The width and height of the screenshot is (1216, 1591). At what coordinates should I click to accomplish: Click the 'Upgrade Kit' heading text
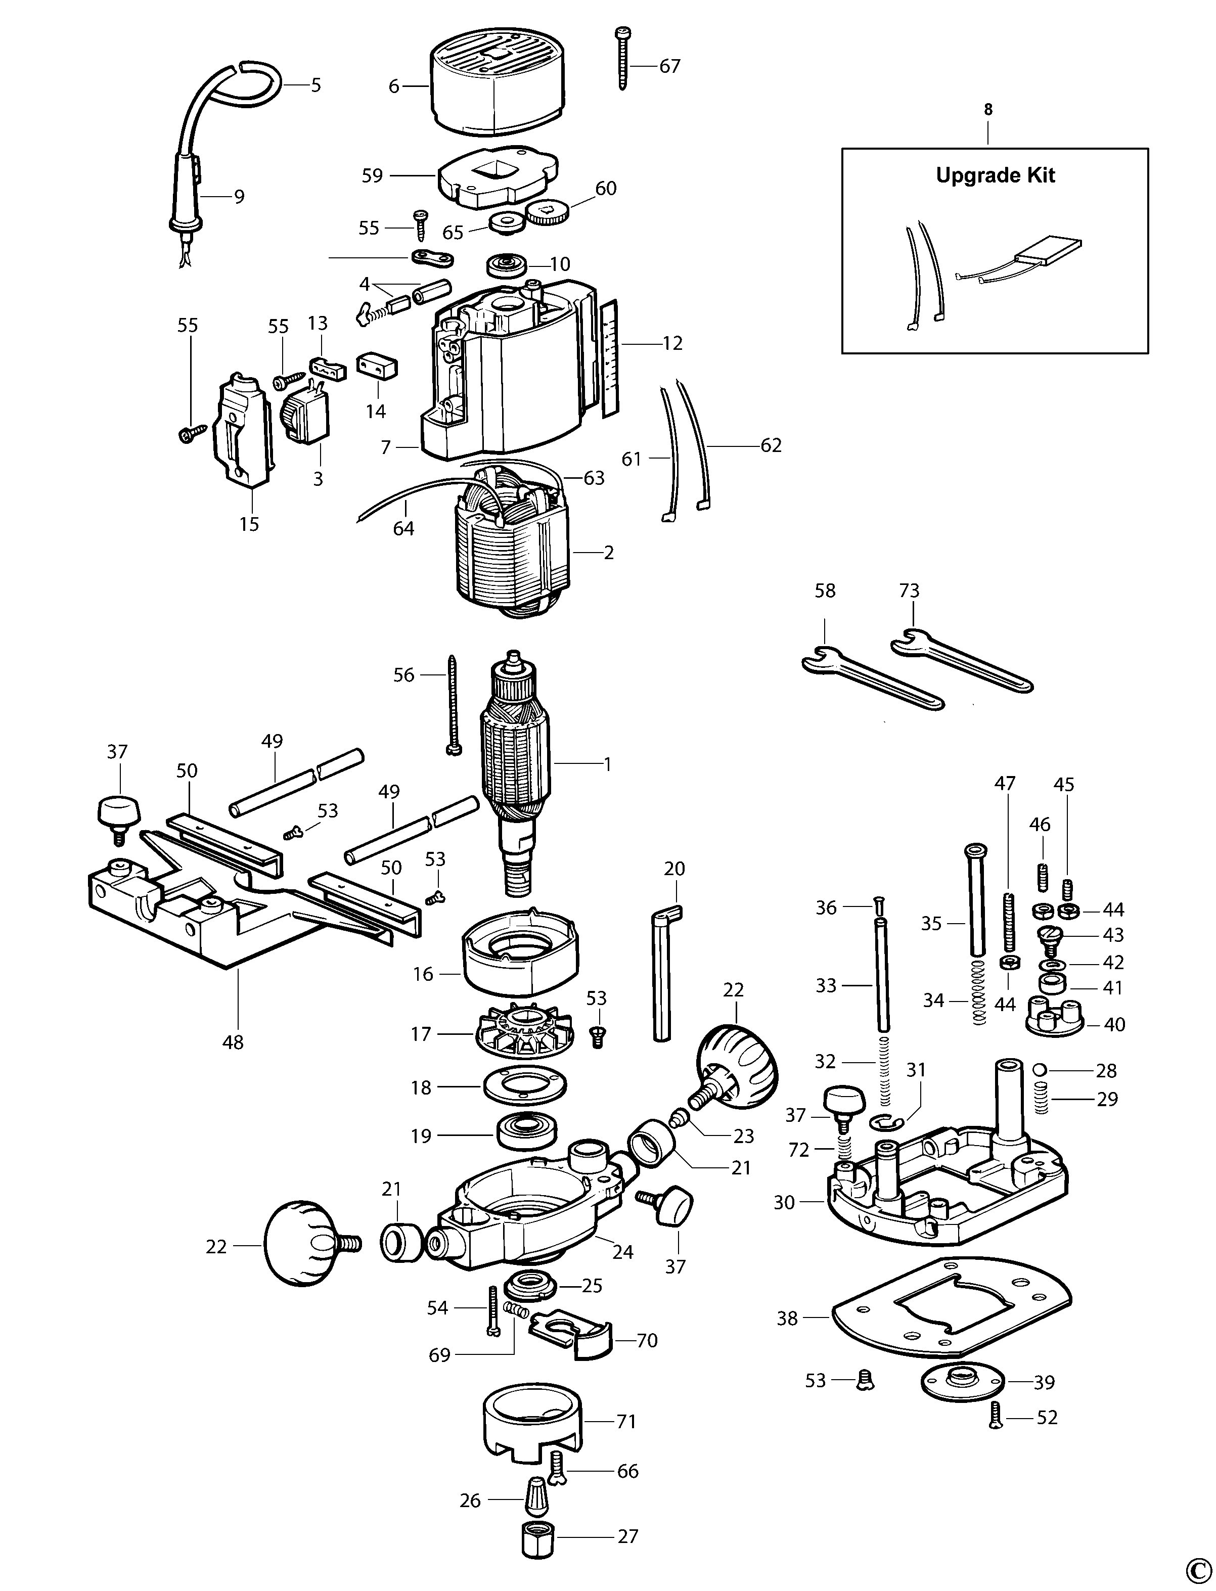tap(995, 175)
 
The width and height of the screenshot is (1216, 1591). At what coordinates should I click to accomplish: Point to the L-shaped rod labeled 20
tap(661, 977)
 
